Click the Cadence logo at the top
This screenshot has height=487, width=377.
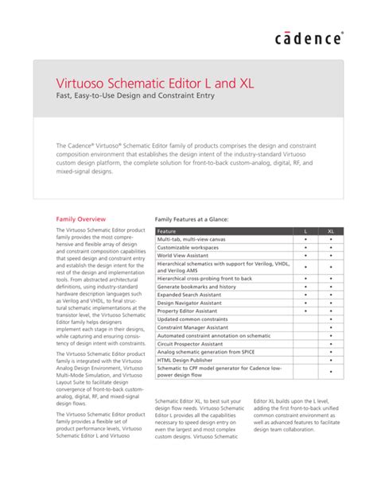309,38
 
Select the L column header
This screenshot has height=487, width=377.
305,230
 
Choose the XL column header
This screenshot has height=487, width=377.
331,230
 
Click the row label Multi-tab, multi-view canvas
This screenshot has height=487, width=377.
192,239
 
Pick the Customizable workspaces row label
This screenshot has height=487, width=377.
188,248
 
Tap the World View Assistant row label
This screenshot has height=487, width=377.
184,257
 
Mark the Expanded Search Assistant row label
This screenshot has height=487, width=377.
190,294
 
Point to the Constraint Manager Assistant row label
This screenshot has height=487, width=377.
193,327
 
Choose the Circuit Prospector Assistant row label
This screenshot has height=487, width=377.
191,343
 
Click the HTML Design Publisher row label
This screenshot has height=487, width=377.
185,359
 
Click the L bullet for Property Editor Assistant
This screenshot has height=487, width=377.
305,311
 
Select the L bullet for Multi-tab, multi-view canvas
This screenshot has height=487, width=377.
305,239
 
